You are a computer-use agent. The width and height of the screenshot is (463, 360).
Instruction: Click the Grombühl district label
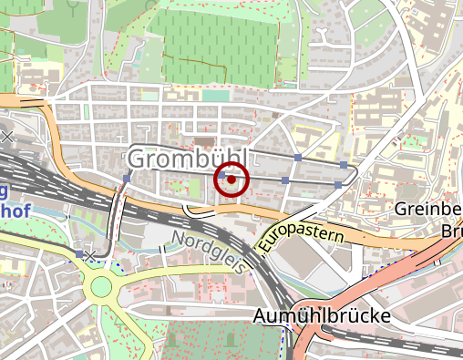[x=188, y=159]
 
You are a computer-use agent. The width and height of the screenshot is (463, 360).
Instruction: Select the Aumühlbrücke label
[x=322, y=316]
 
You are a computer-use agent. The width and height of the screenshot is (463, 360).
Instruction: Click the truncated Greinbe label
[x=428, y=210]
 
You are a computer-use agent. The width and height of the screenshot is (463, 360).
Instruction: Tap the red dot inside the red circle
[x=231, y=180]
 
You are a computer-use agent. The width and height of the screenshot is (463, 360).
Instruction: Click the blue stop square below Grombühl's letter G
[x=126, y=178]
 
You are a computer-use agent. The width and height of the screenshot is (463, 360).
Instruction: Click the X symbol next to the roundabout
[x=90, y=255]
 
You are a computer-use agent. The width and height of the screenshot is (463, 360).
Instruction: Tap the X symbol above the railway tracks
[x=7, y=137]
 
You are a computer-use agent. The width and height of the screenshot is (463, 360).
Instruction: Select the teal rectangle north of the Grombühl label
[x=216, y=95]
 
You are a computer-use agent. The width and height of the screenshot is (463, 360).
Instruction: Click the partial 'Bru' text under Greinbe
[x=450, y=231]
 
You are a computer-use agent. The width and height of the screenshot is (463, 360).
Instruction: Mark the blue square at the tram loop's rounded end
[x=344, y=165]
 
